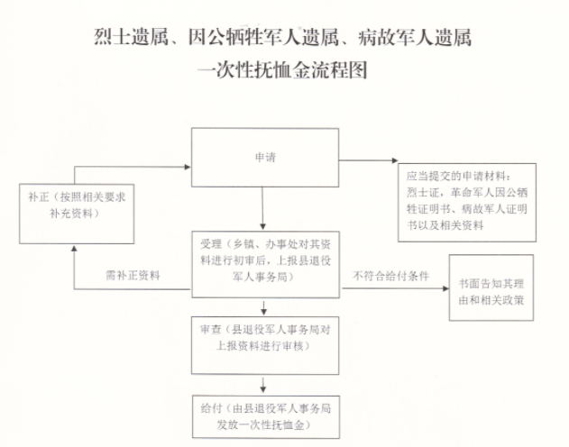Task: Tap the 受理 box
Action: [264, 261]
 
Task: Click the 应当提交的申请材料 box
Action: [466, 200]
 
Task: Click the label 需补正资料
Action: [133, 276]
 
